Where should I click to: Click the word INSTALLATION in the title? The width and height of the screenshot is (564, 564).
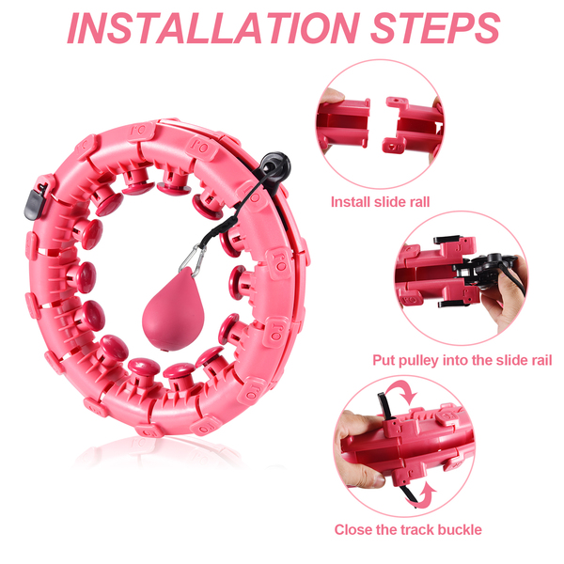click(x=213, y=28)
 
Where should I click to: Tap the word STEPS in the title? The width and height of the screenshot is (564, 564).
click(x=435, y=28)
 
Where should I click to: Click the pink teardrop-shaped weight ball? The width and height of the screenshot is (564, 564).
click(x=173, y=309)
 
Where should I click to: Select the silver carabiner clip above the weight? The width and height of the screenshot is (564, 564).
click(x=193, y=259)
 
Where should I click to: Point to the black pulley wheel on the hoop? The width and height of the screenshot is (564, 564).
click(x=275, y=164)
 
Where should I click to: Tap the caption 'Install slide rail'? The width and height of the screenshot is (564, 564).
click(x=380, y=202)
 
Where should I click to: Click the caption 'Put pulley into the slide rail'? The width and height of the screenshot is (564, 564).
click(x=462, y=360)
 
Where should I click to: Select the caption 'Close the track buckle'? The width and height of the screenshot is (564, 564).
click(x=408, y=529)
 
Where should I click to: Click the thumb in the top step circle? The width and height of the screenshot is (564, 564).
click(x=332, y=96)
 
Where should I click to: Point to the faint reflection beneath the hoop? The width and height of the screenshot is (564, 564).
click(x=162, y=451)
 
